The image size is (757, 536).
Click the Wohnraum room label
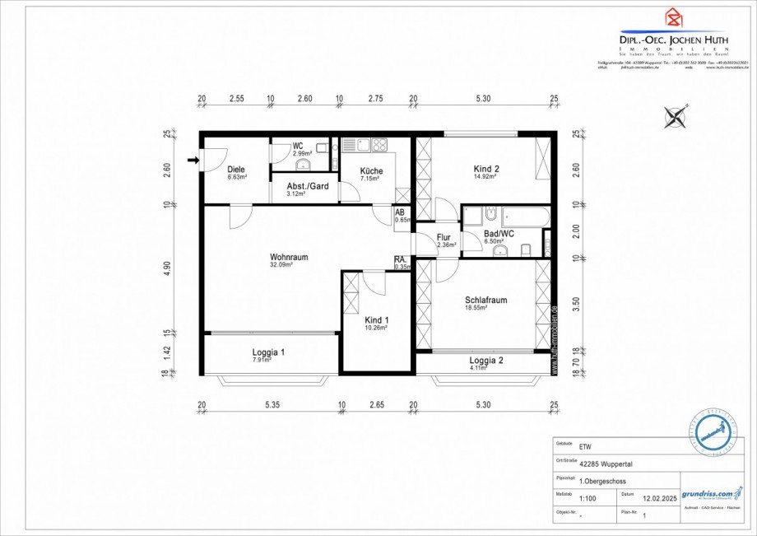click(x=288, y=257)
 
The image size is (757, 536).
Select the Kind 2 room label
click(x=486, y=170)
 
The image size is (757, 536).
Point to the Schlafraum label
click(x=485, y=301)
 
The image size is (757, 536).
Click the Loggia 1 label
click(x=268, y=352)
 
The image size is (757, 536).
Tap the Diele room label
click(x=237, y=170)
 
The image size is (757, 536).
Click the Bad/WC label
click(x=499, y=234)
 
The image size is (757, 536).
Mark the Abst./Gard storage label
click(x=308, y=186)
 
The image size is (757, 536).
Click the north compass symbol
click(x=676, y=117)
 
